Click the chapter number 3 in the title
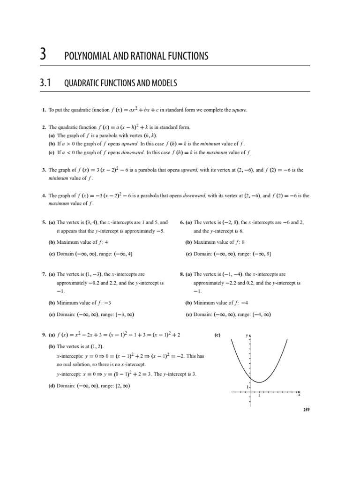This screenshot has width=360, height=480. coord(43,55)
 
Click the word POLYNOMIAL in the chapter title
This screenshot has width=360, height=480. coord(86,56)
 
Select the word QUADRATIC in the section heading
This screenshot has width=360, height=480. coord(82,83)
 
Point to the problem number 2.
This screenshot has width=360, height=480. coord(43,127)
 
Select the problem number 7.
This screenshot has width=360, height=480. coord(43,274)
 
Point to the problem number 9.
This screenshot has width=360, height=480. coord(43,336)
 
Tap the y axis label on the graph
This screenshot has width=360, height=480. coord(247,336)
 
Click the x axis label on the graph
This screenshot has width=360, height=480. coord(299,395)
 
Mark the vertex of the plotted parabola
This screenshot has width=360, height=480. coord(259,382)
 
